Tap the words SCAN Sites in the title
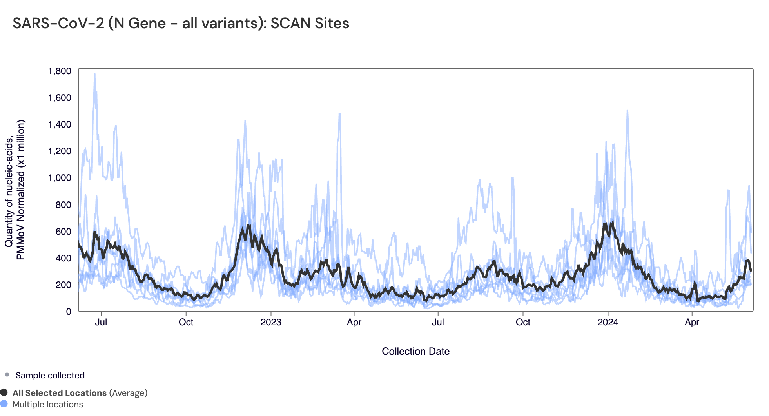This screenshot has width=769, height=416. [x=310, y=24]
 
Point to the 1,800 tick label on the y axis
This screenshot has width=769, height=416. [x=60, y=71]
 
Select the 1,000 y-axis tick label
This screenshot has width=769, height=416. [x=60, y=178]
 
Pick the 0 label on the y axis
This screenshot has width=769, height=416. [x=69, y=312]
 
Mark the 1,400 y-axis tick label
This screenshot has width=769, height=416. [x=60, y=124]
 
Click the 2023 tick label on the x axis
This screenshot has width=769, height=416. [x=271, y=322]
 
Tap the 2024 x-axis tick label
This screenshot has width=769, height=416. [x=608, y=322]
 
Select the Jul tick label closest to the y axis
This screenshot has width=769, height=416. [x=101, y=322]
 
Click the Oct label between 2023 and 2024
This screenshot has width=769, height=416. [x=523, y=322]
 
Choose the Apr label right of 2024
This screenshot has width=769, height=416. [x=692, y=322]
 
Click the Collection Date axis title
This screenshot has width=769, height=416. [x=415, y=351]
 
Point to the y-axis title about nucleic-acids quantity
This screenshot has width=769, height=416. [x=15, y=190]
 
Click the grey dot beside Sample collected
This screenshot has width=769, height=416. [x=7, y=375]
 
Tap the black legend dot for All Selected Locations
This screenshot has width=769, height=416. [x=4, y=392]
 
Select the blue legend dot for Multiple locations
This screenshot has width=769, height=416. [x=4, y=404]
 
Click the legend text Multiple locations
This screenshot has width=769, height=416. [x=48, y=404]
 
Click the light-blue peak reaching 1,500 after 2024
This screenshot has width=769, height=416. [x=627, y=111]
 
